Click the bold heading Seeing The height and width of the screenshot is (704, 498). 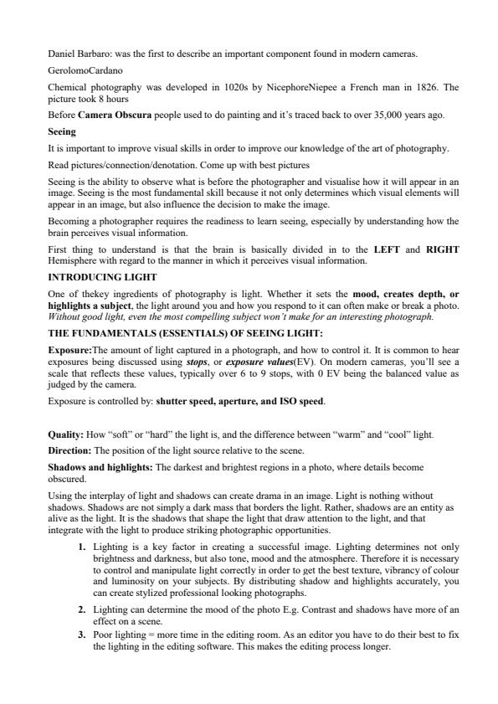(62, 131)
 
